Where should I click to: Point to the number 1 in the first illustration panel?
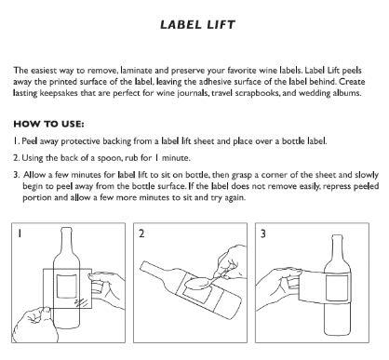coord(20,235)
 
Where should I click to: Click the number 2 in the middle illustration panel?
coord(143,235)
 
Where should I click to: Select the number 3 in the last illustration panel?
coord(263,235)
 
